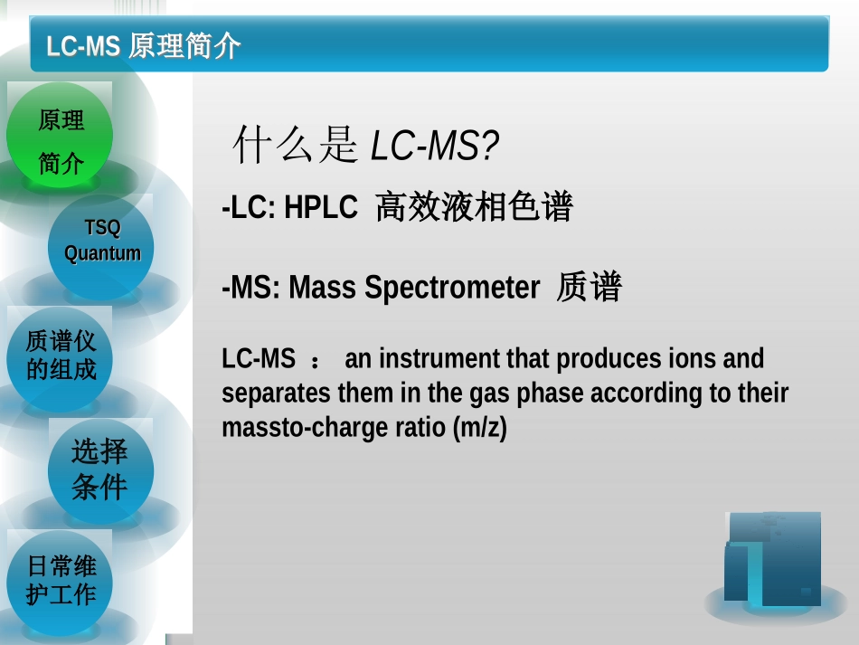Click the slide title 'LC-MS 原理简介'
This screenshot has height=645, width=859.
pos(144,45)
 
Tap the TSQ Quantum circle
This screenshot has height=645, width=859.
pos(101,241)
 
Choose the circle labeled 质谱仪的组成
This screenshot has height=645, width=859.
pos(61,356)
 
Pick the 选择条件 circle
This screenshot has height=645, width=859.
pos(100,469)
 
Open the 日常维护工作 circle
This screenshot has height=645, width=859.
pos(61,581)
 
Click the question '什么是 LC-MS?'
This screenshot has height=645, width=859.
pos(365,146)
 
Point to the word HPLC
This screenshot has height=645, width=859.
pos(321,208)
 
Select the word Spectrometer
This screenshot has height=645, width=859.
pos(453,288)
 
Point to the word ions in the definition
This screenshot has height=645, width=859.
pos(691,359)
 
